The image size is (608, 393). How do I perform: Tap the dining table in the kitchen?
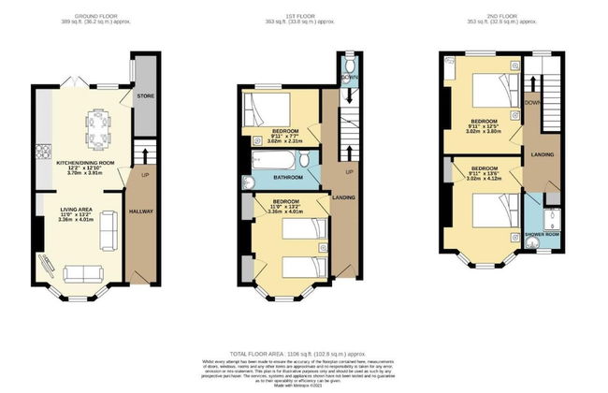pos(97,124)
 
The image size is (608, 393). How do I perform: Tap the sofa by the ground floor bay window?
pos(87,272)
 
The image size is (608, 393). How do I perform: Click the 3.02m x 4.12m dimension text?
pos(485,177)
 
